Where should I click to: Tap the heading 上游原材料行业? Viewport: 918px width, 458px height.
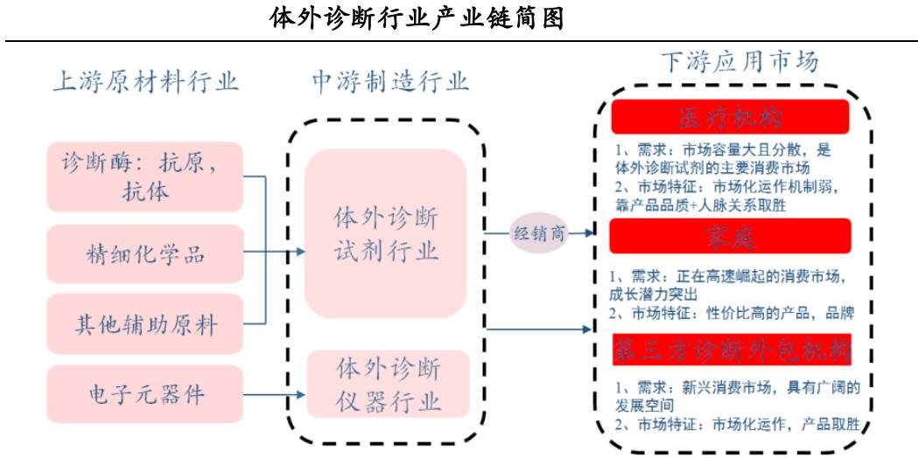pyautogui.click(x=145, y=82)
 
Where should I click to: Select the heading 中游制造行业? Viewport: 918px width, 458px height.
pyautogui.click(x=390, y=82)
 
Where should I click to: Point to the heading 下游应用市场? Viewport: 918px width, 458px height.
pyautogui.click(x=740, y=62)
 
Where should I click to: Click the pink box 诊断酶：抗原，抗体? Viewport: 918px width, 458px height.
pyautogui.click(x=144, y=177)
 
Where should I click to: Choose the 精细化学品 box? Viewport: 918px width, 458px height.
pyautogui.click(x=144, y=254)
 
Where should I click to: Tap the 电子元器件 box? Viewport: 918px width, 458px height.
pyautogui.click(x=144, y=394)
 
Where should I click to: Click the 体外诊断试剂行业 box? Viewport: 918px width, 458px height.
pyautogui.click(x=385, y=233)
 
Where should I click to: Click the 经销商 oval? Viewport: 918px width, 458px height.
pyautogui.click(x=540, y=233)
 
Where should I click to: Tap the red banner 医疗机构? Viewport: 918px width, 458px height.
pyautogui.click(x=731, y=117)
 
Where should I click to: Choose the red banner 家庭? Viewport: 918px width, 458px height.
pyautogui.click(x=731, y=237)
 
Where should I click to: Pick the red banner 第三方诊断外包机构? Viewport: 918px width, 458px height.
pyautogui.click(x=731, y=349)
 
